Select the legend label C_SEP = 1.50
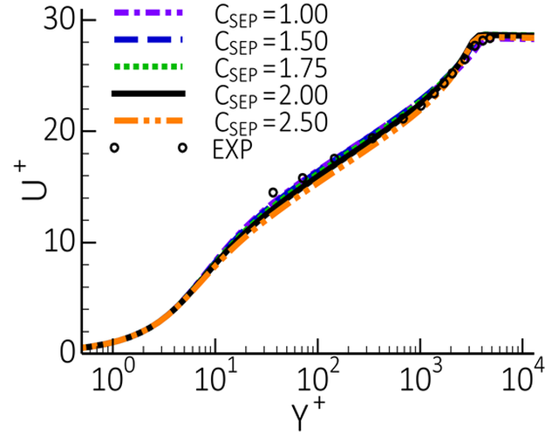(269, 42)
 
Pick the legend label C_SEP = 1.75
(269, 68)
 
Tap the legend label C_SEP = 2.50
(269, 121)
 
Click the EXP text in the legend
(231, 148)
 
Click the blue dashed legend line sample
(149, 40)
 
